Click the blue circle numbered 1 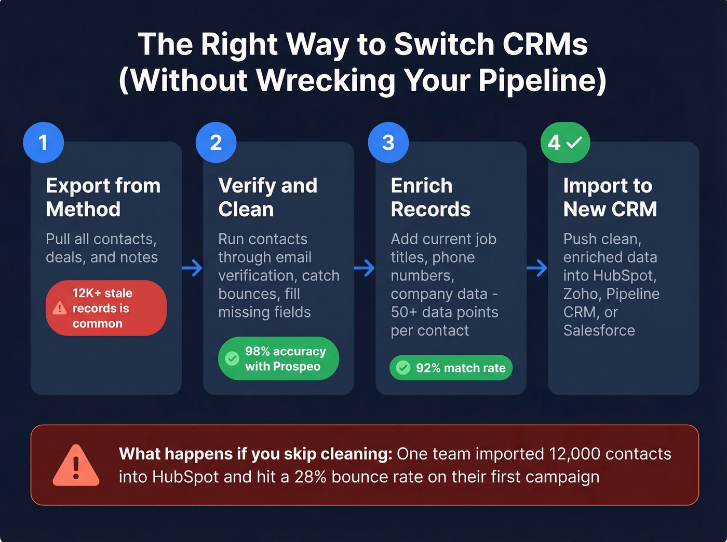point(44,143)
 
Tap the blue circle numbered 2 point(216,143)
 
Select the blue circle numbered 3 point(388,143)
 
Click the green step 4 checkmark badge point(565,143)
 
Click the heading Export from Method point(103,198)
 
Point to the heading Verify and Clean point(267,198)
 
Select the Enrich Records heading point(430,198)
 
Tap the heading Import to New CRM point(610,198)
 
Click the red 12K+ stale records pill point(106,308)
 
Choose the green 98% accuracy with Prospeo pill point(278,358)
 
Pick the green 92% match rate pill point(451,368)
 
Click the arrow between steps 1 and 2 point(192,268)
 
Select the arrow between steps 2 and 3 point(365,268)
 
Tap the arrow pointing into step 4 point(537,268)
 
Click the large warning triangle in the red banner point(76,466)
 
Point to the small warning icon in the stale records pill point(60,308)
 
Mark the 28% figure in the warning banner point(310,477)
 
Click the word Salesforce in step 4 point(599,330)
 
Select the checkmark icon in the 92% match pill point(403,368)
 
